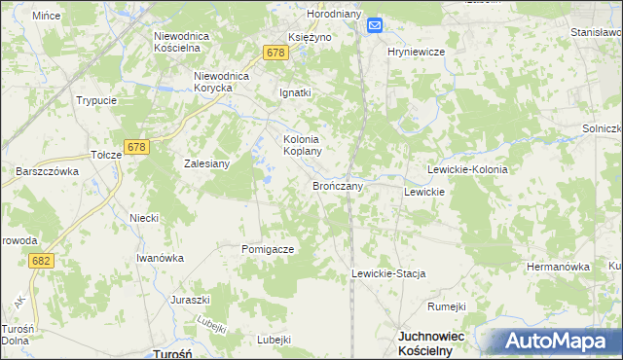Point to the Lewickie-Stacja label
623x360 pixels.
[389, 274]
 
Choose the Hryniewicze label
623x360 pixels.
[416, 51]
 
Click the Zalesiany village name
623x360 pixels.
[207, 163]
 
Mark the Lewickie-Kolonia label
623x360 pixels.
[467, 169]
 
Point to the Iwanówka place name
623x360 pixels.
[160, 258]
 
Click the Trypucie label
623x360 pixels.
[96, 100]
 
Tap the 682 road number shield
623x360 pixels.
[41, 261]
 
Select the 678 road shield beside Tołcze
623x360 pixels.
[136, 147]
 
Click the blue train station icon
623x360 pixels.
[376, 28]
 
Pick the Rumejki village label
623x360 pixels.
[447, 306]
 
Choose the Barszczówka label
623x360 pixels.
[47, 170]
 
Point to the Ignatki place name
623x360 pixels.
[294, 93]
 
